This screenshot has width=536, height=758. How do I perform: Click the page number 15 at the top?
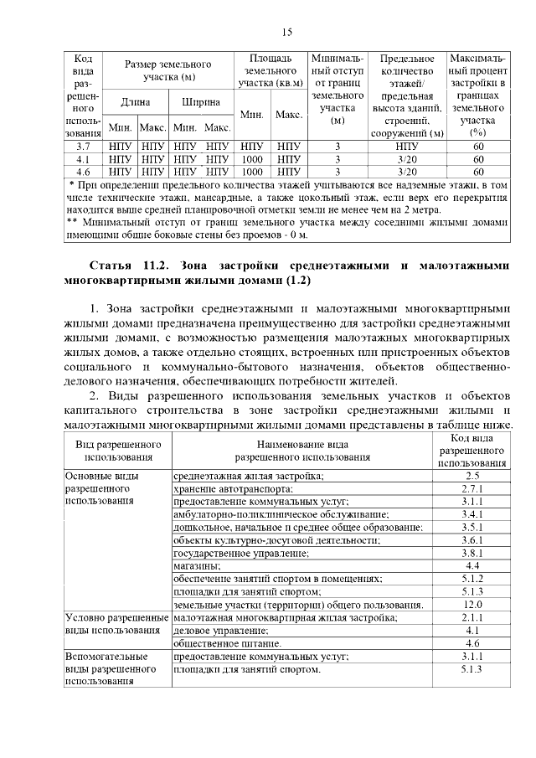[x=286, y=32]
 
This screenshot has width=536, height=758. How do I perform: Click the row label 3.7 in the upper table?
[x=83, y=147]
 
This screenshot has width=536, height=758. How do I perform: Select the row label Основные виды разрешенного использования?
[x=102, y=488]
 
